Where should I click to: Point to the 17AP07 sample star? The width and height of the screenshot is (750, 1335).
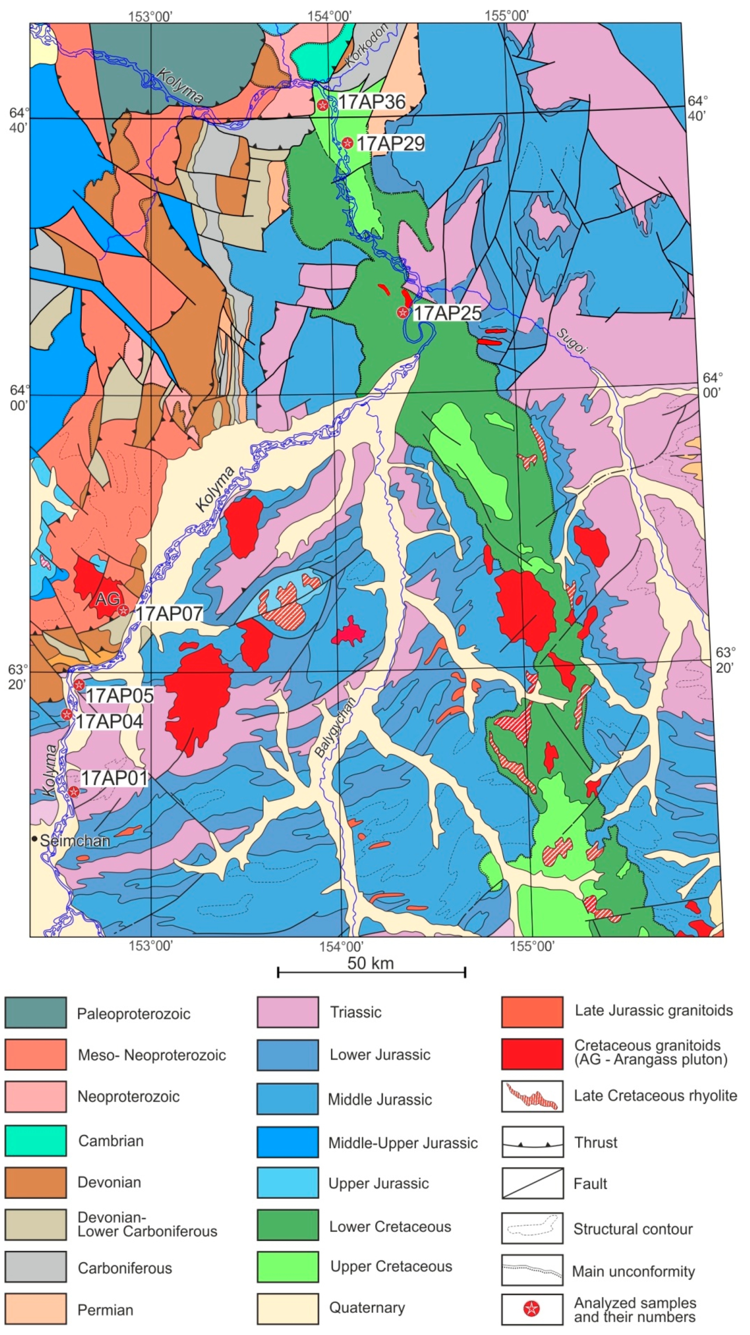(123, 611)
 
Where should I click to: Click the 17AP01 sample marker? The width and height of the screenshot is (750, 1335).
(74, 791)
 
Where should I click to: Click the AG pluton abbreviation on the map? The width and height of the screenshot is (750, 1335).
(107, 600)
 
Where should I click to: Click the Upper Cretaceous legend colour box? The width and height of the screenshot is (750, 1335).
(288, 1266)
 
